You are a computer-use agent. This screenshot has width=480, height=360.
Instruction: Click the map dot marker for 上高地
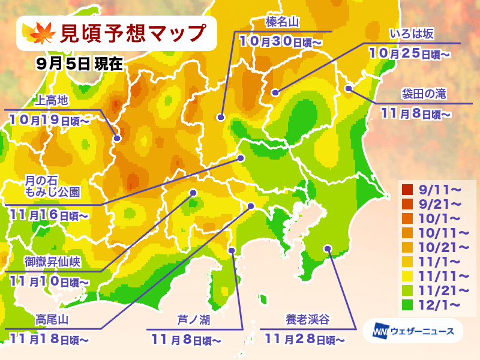(117, 138)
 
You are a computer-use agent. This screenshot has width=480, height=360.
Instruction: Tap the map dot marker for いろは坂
(275, 92)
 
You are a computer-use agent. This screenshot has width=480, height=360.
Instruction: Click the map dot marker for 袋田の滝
(349, 89)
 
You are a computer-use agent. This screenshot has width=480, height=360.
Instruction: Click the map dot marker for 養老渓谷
(327, 248)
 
